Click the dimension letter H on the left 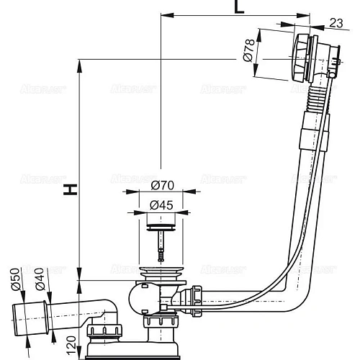pos(70,189)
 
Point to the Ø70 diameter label pos(161,185)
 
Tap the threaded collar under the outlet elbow pos(103,333)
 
